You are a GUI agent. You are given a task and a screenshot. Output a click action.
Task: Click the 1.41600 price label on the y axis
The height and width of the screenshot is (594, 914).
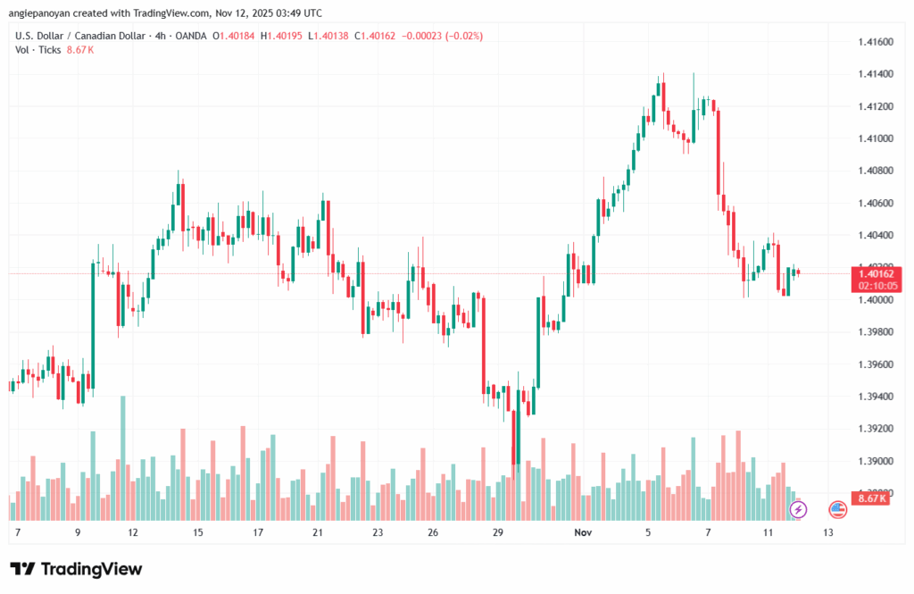coord(875,42)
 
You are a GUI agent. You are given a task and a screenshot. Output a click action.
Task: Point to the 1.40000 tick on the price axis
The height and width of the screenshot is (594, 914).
coord(875,300)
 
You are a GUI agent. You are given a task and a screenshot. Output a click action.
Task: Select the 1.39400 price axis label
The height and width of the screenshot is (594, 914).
coord(875,397)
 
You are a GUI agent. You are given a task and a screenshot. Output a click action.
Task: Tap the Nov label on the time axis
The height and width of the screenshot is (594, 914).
coord(584,532)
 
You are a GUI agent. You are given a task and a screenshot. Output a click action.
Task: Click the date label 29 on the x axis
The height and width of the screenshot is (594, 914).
coord(499,532)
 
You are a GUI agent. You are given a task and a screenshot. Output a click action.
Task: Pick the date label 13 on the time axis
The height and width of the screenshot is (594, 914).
coord(828,532)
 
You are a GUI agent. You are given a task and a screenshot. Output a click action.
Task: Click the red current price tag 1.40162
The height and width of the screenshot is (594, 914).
coord(876,273)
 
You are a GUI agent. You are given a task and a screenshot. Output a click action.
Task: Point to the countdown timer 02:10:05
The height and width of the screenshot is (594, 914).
coord(876,286)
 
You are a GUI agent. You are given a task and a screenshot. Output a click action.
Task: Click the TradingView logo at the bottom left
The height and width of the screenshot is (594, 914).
coord(76,570)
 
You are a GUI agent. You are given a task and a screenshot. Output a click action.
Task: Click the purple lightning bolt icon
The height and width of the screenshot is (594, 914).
coord(799,509)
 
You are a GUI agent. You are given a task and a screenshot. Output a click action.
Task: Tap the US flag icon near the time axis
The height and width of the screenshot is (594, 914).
coord(837,509)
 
